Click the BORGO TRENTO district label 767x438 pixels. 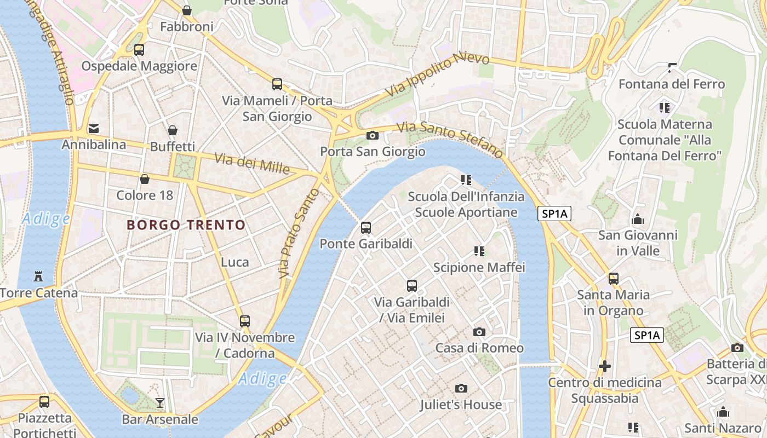(186, 225)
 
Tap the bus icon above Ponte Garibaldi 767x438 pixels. (366, 228)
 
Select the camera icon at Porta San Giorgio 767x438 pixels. (373, 135)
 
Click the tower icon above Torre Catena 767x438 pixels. (38, 276)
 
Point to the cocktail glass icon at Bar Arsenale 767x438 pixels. (159, 403)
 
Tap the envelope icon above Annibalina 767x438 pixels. (94, 129)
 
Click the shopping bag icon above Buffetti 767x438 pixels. (173, 130)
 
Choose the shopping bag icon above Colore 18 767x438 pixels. (145, 179)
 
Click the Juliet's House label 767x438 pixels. (461, 405)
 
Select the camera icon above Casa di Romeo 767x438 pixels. (479, 332)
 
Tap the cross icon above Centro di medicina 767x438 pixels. (605, 366)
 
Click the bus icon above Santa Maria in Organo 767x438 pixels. (614, 278)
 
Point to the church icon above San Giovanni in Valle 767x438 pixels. (638, 220)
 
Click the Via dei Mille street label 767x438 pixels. (252, 163)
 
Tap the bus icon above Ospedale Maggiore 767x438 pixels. (139, 50)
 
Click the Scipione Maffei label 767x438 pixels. (479, 267)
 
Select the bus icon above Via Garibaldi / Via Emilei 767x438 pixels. (412, 285)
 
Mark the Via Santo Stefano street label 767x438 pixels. (449, 139)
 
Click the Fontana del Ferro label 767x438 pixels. (672, 84)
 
